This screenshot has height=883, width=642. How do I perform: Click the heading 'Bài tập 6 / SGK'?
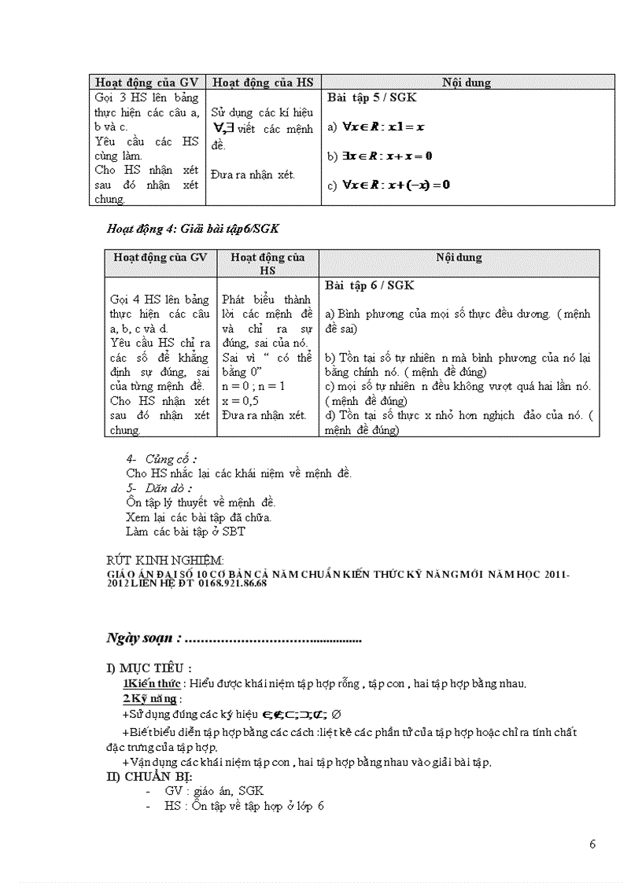pyautogui.click(x=369, y=285)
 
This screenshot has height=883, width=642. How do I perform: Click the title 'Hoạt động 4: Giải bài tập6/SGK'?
pyautogui.click(x=193, y=229)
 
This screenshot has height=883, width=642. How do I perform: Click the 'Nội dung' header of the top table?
pyautogui.click(x=467, y=83)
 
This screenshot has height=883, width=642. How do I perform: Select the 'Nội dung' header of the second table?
pyautogui.click(x=459, y=257)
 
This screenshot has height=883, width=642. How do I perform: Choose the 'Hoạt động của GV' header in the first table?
pyautogui.click(x=146, y=83)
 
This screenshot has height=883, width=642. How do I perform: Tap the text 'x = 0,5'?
pyautogui.click(x=242, y=400)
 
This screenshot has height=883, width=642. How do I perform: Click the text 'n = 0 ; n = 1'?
pyautogui.click(x=253, y=386)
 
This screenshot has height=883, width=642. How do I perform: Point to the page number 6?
pyautogui.click(x=592, y=844)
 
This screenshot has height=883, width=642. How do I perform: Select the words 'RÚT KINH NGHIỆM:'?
pyautogui.click(x=164, y=560)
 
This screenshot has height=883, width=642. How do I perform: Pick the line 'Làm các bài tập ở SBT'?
pyautogui.click(x=185, y=532)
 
